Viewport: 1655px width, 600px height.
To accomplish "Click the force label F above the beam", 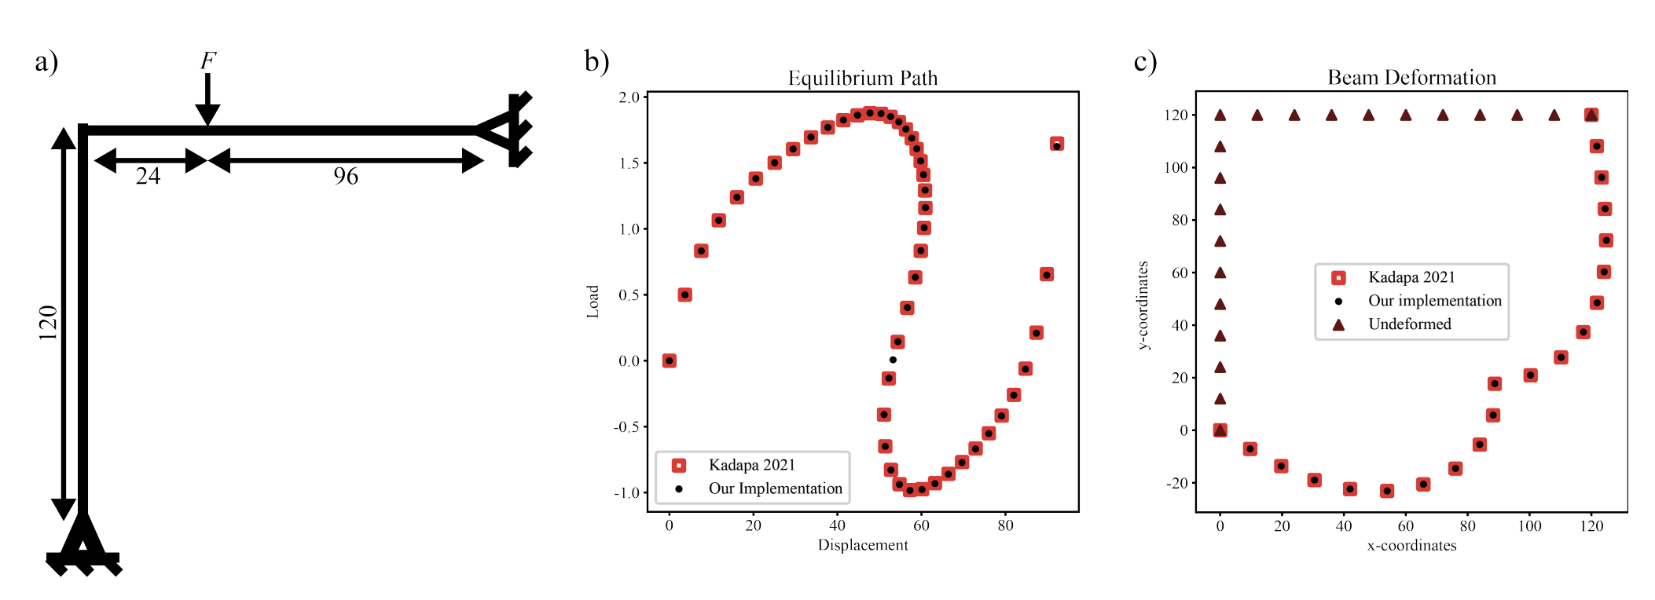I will coord(207,60).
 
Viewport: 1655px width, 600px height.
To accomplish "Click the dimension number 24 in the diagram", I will coord(148,176).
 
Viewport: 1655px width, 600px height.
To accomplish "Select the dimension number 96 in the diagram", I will coord(346,176).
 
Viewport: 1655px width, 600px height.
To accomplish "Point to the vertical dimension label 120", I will coord(49,322).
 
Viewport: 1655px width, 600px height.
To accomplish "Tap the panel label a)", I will coord(46,61).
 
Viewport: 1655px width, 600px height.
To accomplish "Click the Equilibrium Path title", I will coord(862,79).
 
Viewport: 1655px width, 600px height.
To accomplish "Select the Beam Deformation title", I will coord(1411,78).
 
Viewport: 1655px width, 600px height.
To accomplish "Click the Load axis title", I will coord(593,302).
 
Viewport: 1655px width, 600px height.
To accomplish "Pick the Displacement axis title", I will coord(862,545).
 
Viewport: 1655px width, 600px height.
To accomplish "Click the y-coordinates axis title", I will coord(1143,305).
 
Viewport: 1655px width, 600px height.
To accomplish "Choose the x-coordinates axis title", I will coord(1411,546).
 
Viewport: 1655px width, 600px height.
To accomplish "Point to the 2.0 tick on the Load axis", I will coord(629,97).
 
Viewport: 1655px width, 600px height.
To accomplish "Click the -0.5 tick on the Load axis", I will coord(627,427).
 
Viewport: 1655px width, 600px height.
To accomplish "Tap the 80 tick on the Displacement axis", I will coord(1005,526).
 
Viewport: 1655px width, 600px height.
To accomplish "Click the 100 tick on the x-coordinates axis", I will coord(1529,526).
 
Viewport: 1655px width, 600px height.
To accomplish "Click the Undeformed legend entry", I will coord(1409,324).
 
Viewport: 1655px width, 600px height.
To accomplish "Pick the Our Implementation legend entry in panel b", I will coord(775,488).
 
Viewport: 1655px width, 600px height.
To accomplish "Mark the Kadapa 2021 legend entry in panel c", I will coord(1411,277).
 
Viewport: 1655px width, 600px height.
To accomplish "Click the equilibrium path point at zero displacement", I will coord(669,360).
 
